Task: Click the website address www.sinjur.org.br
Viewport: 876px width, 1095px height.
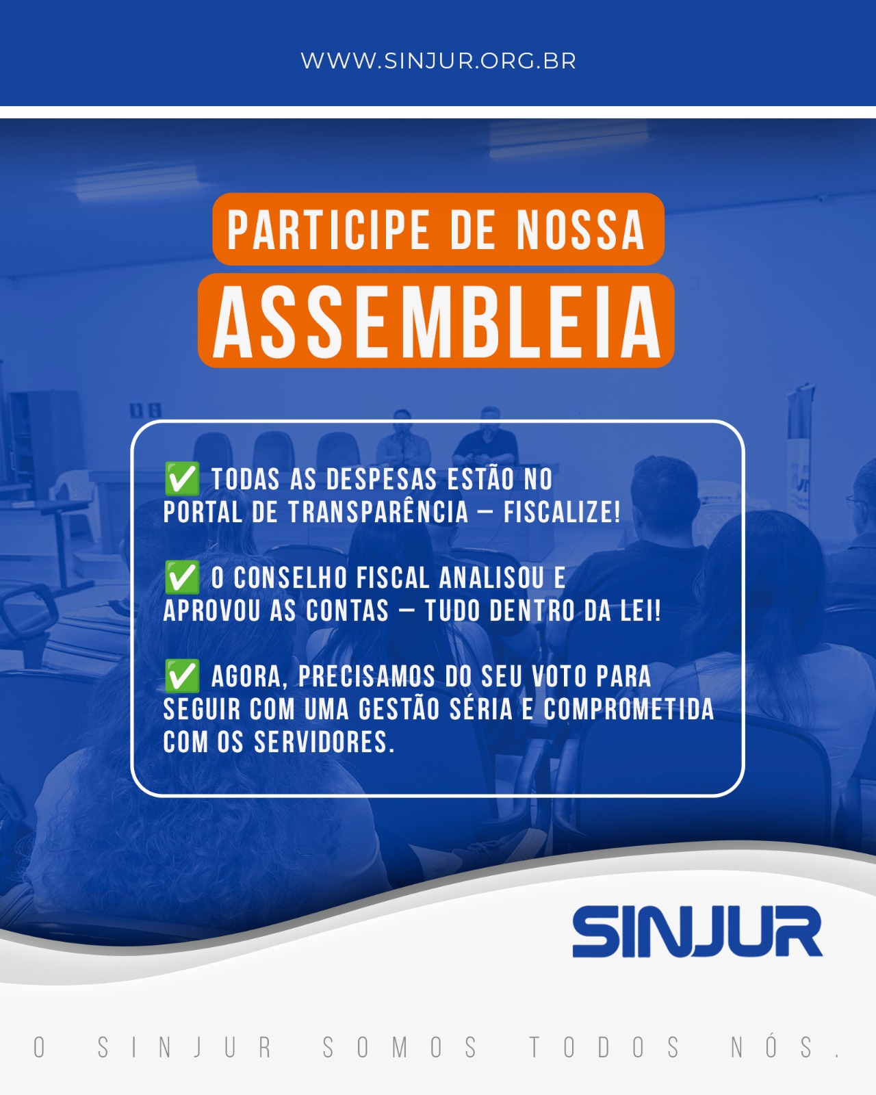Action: click(x=438, y=61)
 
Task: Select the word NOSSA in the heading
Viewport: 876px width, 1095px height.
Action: click(x=581, y=229)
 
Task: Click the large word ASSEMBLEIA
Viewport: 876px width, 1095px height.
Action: click(x=437, y=322)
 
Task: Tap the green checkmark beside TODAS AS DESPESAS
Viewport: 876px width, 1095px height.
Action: click(x=182, y=478)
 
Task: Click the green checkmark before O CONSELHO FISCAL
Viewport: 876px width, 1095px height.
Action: click(x=182, y=577)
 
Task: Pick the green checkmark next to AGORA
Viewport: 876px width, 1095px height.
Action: click(x=182, y=675)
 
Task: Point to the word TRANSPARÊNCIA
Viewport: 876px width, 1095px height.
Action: click(x=378, y=511)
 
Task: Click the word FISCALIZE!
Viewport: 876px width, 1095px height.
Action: click(x=562, y=511)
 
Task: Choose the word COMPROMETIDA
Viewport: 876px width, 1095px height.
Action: click(x=629, y=709)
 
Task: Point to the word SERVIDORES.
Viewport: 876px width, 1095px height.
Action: click(x=324, y=742)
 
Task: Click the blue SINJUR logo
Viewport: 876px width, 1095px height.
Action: click(x=697, y=931)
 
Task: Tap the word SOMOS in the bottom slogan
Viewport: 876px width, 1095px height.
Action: click(x=400, y=1048)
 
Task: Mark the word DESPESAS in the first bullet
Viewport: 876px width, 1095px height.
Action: click(x=381, y=479)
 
